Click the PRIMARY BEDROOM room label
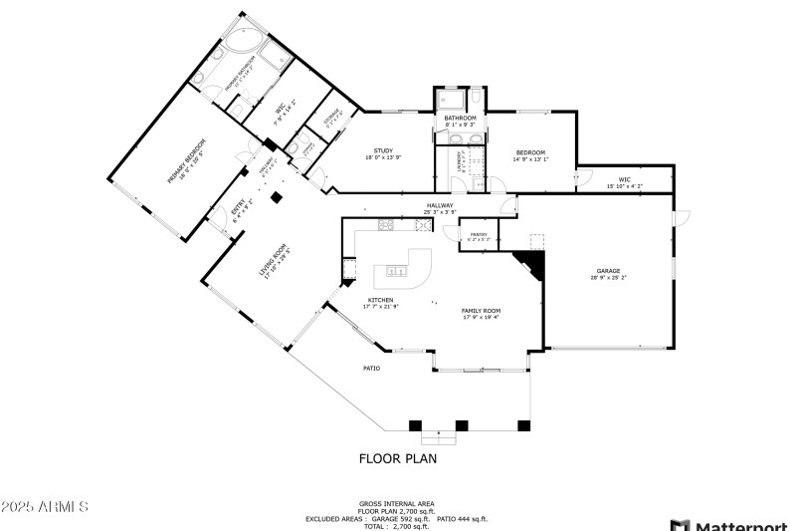186,162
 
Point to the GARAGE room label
608,271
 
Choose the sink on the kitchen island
396,270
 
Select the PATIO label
370,368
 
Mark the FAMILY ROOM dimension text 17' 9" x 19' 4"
481,318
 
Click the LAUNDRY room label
460,162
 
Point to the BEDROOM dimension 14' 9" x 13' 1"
530,158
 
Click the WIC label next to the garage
624,179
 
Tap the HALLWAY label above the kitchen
440,205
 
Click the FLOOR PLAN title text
397,459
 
